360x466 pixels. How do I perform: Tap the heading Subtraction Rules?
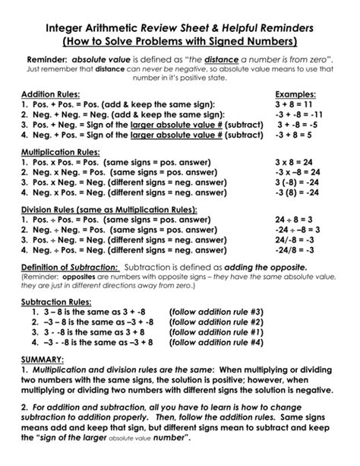pyautogui.click(x=55, y=302)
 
